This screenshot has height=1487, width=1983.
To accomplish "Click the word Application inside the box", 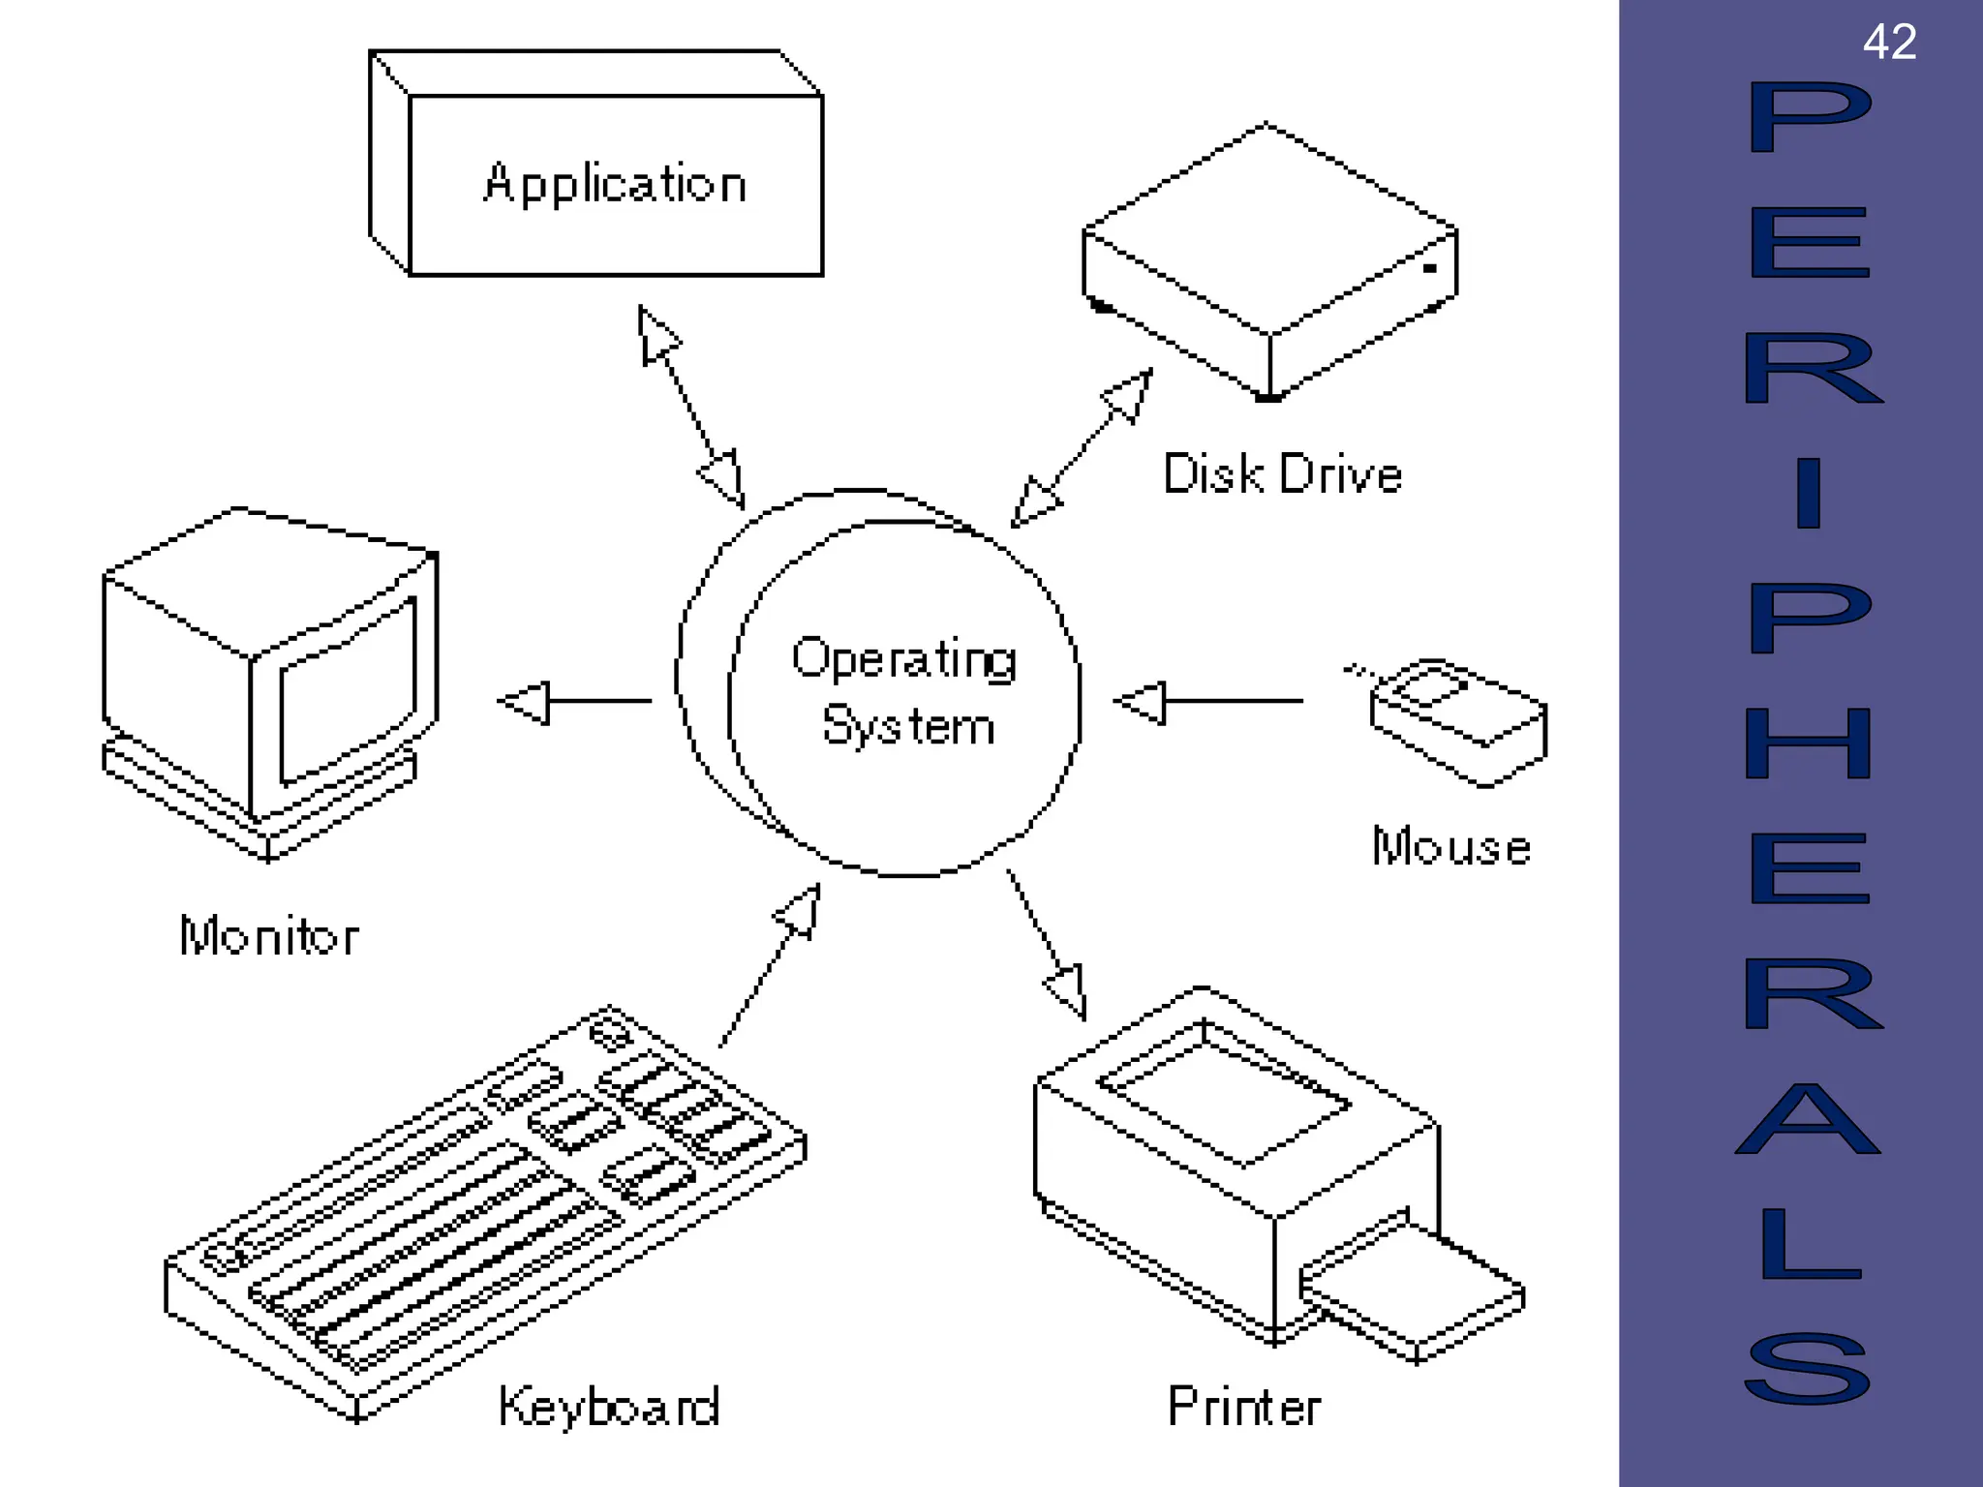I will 615,184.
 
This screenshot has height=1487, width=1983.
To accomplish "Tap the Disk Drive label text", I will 1282,474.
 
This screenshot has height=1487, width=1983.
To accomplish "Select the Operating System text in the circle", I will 905,692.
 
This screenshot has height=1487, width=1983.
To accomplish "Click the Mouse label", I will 1450,847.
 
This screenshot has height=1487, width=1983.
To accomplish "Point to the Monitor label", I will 269,936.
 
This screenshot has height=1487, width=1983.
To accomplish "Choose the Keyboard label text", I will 609,1407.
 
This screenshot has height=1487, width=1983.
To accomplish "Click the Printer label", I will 1244,1407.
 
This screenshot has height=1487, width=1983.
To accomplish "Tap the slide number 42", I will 1889,43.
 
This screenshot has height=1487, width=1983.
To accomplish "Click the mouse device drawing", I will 1457,722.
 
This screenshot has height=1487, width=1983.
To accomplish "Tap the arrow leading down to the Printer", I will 1046,944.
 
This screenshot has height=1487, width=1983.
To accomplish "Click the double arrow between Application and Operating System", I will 691,408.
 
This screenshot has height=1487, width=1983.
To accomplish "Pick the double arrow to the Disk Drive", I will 1082,448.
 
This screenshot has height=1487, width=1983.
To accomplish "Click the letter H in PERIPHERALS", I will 1808,743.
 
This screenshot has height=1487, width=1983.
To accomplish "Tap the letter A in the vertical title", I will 1808,1121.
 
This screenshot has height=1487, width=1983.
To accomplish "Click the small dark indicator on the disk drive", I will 1429,268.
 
